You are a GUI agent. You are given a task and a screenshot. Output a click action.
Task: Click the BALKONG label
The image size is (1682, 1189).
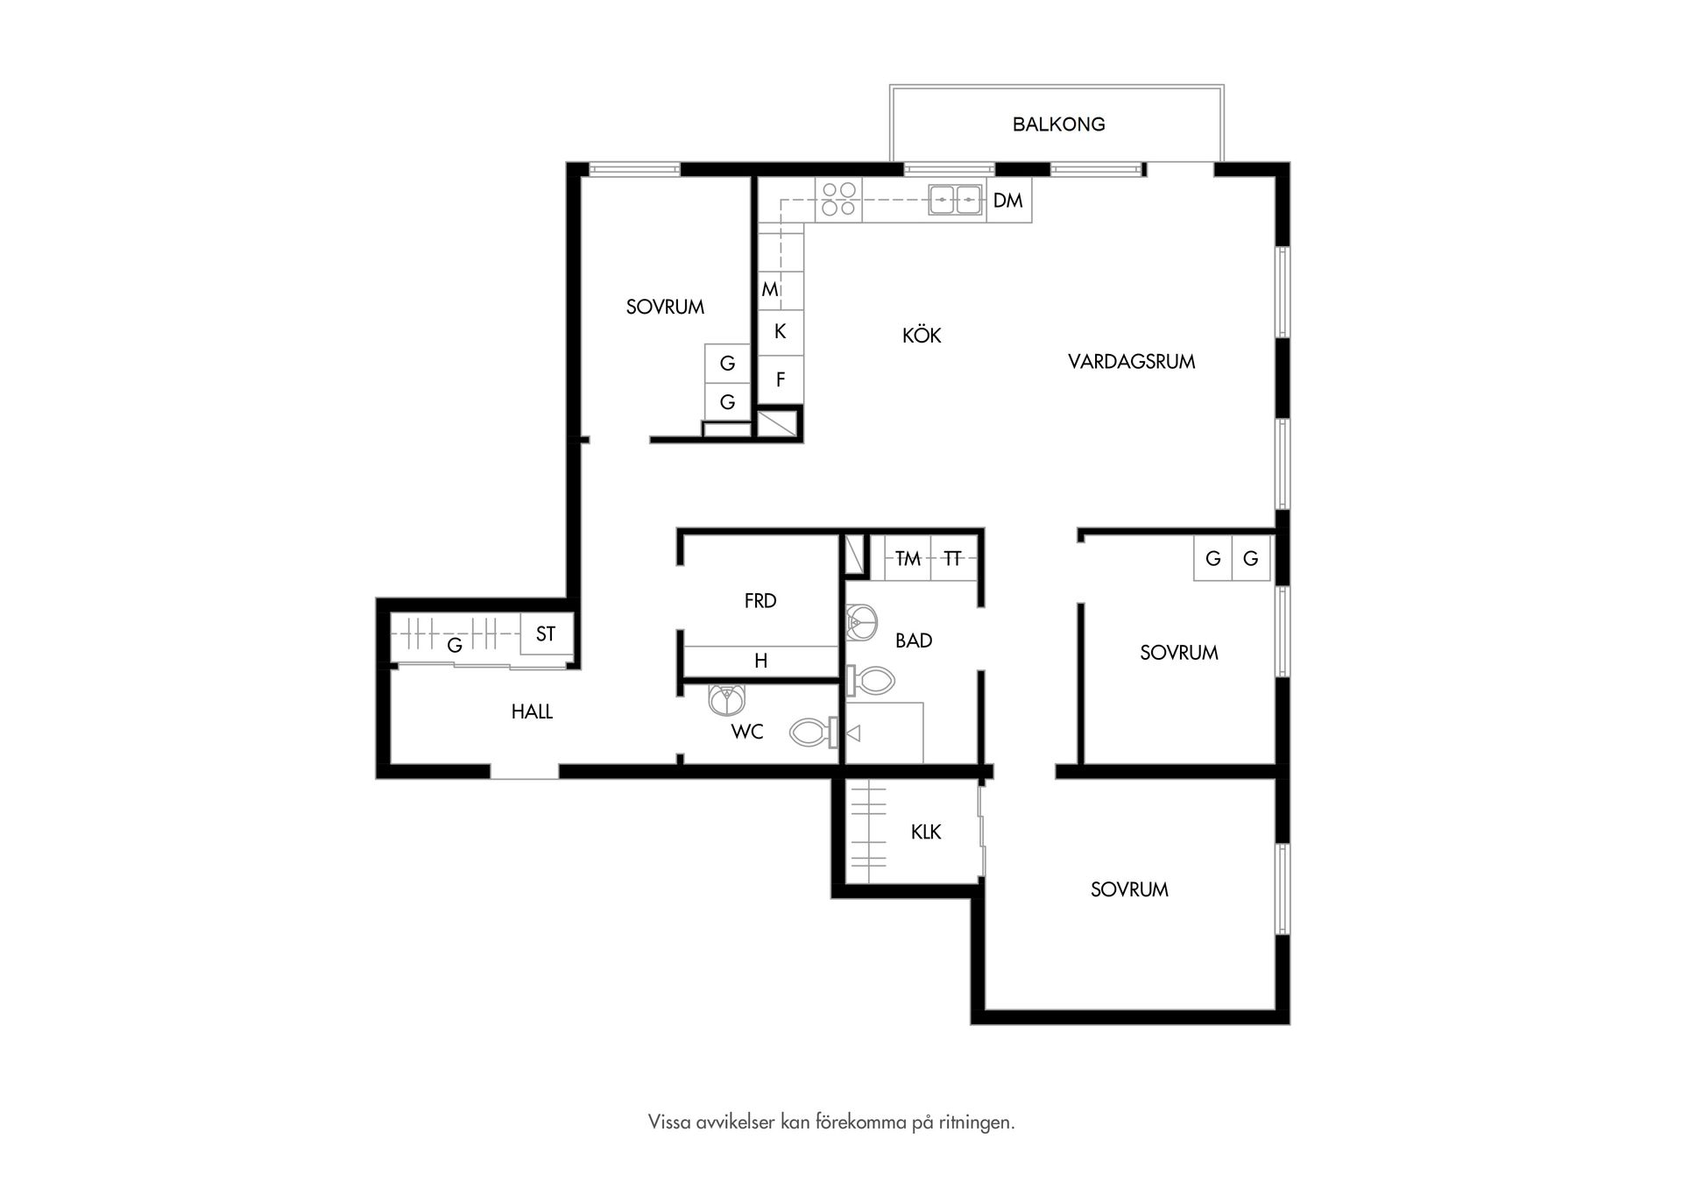tap(1058, 124)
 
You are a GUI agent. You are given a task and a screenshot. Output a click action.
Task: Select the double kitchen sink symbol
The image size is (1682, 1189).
tap(955, 200)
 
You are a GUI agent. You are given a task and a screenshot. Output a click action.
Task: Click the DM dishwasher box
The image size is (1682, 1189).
tap(1009, 201)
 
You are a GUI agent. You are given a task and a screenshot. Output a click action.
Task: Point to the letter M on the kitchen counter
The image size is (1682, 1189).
tap(769, 289)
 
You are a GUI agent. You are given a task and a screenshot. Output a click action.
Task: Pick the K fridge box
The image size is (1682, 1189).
tap(781, 332)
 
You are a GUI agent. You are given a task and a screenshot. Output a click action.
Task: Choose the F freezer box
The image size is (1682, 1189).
tap(781, 380)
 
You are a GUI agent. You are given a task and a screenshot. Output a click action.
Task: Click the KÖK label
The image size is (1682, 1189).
tap(922, 335)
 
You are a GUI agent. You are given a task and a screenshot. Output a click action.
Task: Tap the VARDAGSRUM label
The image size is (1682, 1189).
tap(1131, 361)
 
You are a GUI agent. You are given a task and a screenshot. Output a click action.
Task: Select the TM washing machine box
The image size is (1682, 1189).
tap(908, 558)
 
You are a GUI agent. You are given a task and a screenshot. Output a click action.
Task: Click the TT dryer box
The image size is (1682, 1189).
tap(953, 558)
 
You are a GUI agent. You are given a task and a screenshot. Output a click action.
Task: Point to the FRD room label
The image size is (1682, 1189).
tap(760, 601)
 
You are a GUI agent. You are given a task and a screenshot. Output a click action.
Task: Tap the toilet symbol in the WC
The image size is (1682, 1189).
tap(815, 732)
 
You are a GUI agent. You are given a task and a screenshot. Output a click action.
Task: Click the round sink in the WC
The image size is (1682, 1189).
tap(726, 699)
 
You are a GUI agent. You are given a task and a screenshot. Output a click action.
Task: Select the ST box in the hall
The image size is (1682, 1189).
tap(546, 633)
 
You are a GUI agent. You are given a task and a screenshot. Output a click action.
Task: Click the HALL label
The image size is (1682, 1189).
tap(532, 711)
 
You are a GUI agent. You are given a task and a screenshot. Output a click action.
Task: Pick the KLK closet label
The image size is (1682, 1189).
tap(926, 832)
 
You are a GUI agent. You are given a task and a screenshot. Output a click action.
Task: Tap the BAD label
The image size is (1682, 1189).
tap(914, 641)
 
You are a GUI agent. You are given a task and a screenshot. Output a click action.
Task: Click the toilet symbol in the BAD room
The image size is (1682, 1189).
tap(871, 680)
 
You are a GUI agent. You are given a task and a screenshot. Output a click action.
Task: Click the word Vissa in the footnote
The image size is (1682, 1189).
tap(668, 1122)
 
